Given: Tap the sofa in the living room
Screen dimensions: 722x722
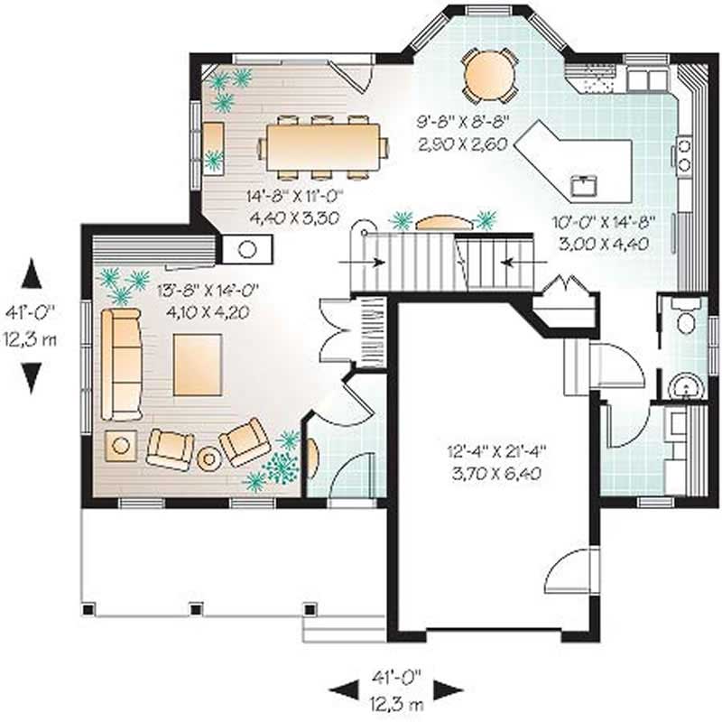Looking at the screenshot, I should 121,364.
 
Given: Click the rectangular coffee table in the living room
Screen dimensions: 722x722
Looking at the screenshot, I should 198,364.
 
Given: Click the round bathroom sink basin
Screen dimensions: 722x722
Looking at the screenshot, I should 689,386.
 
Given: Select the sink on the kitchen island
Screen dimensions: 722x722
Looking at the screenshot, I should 582,186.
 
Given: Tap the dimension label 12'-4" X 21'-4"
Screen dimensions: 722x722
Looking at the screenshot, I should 493,449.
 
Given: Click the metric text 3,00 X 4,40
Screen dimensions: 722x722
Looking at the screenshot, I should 601,243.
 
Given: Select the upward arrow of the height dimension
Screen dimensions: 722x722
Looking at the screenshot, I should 32,273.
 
